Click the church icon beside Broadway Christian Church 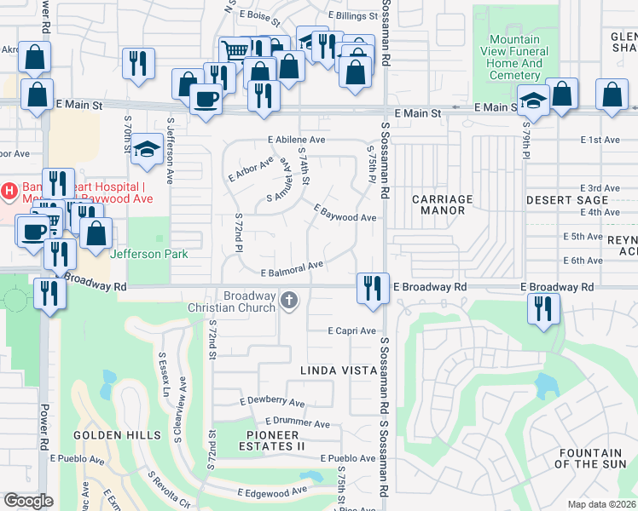pos(290,299)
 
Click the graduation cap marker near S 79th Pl pos(533,102)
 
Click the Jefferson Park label pos(148,253)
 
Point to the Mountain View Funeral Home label pos(515,57)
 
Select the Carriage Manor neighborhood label pos(442,204)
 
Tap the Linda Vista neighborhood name pos(339,370)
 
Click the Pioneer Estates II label pos(276,440)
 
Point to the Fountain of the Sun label pos(589,458)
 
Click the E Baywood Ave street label pos(345,213)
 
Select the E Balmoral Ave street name pos(292,268)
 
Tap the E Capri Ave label pos(352,330)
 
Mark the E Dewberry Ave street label pos(272,401)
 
